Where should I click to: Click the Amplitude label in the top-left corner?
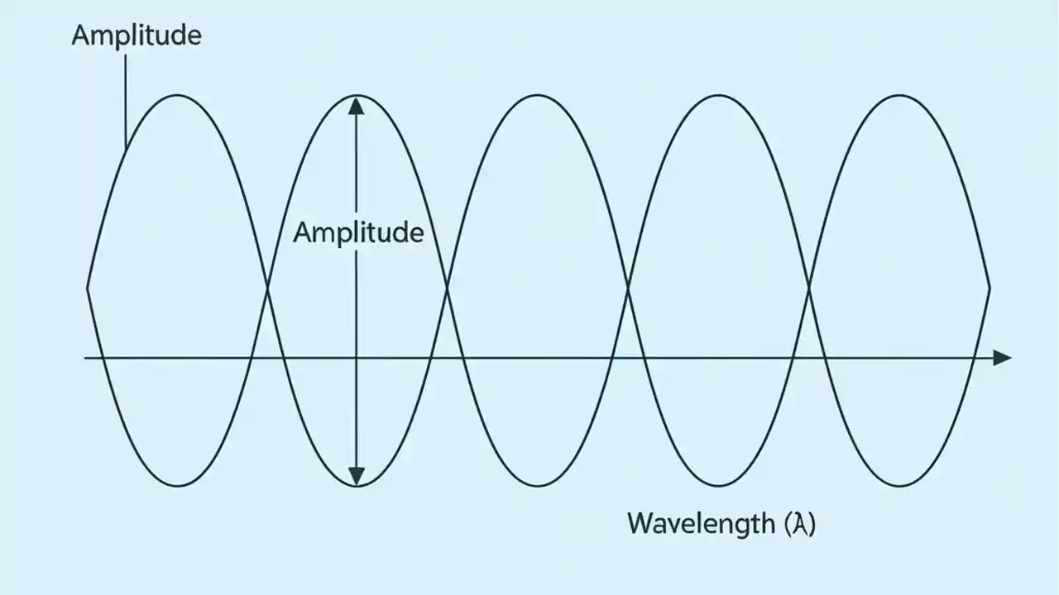click(137, 36)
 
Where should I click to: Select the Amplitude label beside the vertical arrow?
click(358, 232)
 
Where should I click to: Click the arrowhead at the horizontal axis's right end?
click(1002, 358)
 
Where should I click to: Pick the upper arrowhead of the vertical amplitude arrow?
click(356, 106)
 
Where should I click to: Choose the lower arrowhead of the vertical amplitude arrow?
click(356, 476)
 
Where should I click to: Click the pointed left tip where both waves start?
click(88, 288)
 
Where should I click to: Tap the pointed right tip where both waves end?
click(990, 288)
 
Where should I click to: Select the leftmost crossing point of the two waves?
click(267, 288)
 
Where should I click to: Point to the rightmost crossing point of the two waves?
click(808, 288)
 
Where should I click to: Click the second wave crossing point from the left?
click(448, 288)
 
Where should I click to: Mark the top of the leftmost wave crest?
click(177, 95)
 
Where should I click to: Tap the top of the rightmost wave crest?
click(899, 95)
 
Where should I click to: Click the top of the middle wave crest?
click(538, 95)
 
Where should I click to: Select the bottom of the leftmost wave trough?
click(177, 486)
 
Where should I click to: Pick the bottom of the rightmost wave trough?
click(899, 486)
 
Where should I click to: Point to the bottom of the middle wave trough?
click(538, 486)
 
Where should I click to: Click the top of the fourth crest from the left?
click(718, 95)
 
